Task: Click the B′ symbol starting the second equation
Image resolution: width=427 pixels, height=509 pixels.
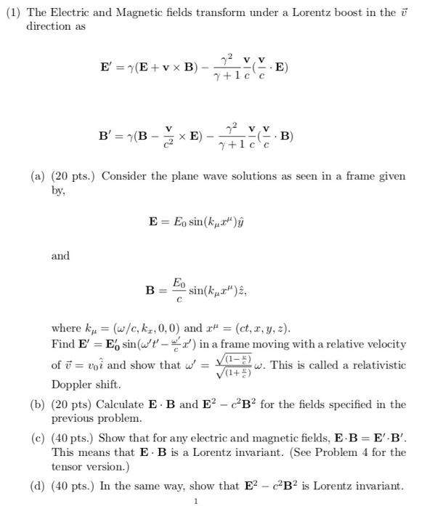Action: (x=106, y=135)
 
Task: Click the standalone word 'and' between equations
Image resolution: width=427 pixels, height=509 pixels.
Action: (x=61, y=256)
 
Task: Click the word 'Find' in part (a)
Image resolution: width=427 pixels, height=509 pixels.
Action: (x=64, y=343)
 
